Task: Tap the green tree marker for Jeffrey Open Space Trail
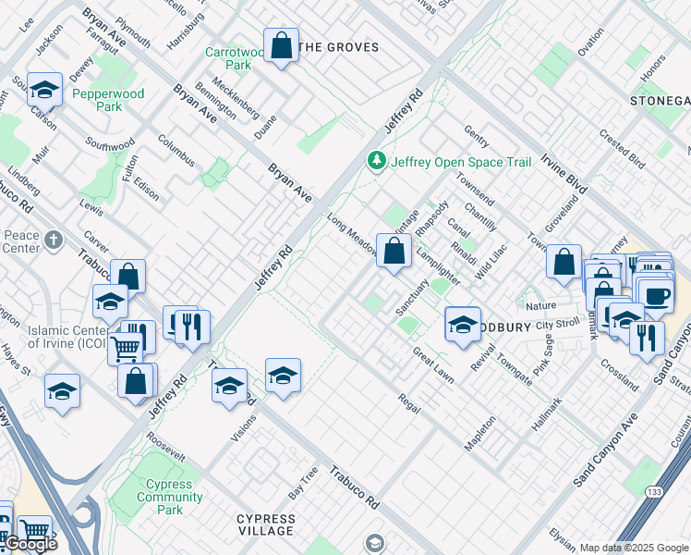pos(377,162)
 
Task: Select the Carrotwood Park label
pos(227,59)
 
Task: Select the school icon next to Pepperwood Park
pos(44,90)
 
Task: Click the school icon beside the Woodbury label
pos(463,324)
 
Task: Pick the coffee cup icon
pos(657,297)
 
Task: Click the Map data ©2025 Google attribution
pos(634,548)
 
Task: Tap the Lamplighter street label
pos(437,264)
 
